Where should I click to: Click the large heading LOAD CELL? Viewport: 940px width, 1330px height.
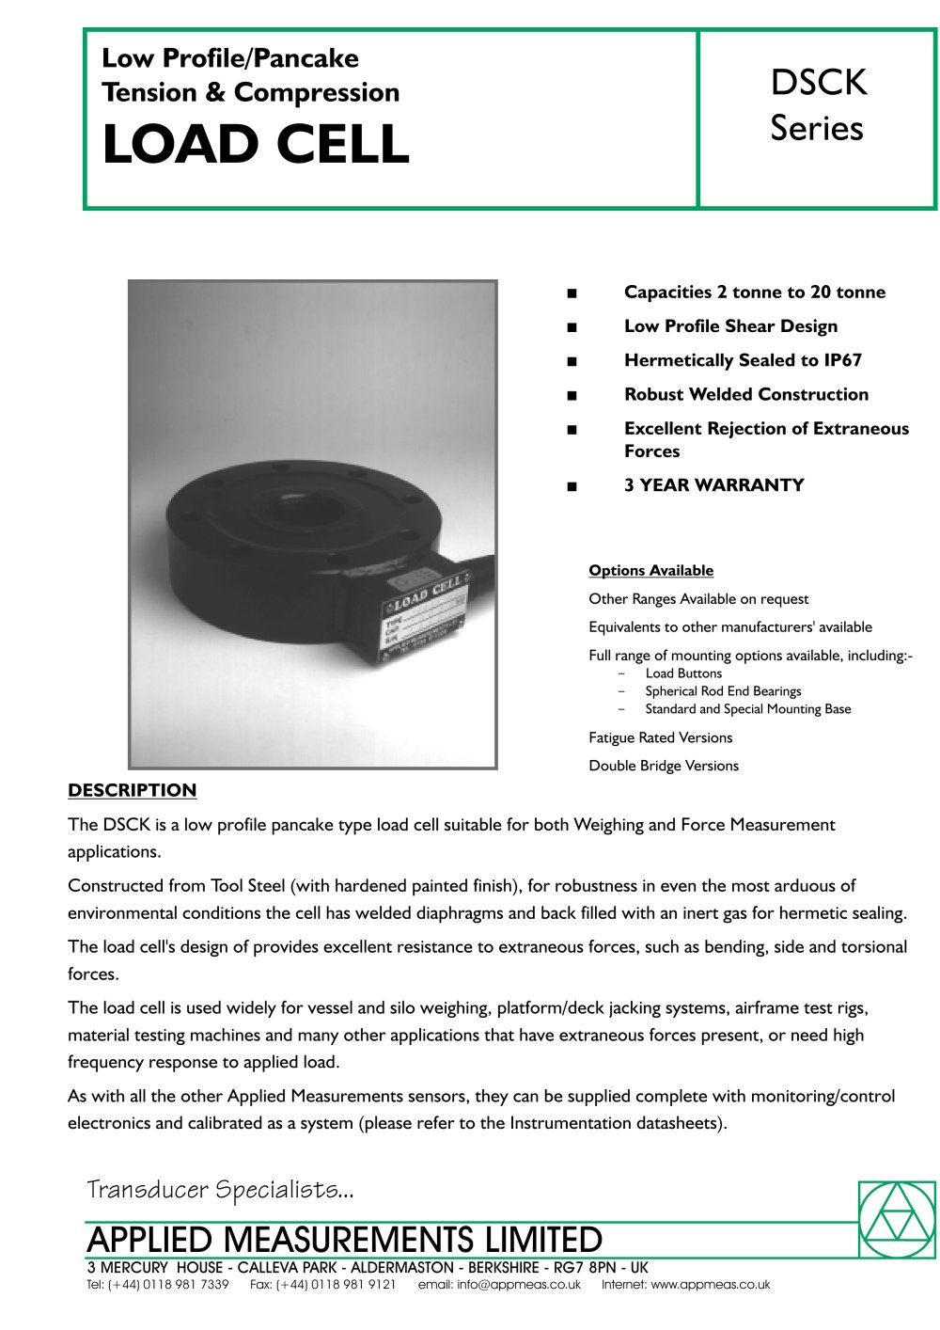tap(256, 145)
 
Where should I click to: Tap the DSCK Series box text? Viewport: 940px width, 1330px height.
tap(817, 105)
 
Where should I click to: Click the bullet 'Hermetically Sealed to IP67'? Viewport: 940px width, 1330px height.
tap(743, 360)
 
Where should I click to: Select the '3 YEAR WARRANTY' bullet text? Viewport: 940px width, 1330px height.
tap(713, 485)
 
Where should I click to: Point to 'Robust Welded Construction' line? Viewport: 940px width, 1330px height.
tap(745, 394)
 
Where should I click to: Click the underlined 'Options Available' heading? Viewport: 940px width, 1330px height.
tap(650, 571)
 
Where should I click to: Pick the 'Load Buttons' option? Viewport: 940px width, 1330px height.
tap(683, 673)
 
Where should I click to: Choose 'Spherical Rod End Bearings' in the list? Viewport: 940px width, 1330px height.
tap(723, 691)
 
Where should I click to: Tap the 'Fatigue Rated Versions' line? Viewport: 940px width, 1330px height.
tap(660, 737)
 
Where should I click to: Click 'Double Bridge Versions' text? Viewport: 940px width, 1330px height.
tap(664, 766)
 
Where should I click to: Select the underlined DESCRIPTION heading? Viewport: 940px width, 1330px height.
tap(132, 790)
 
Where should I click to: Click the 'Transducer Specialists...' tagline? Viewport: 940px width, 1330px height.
tap(220, 1190)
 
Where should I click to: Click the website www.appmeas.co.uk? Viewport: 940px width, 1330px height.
tap(710, 1285)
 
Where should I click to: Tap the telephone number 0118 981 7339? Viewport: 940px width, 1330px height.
tap(185, 1285)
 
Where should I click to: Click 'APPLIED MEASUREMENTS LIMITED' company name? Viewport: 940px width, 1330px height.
tap(344, 1240)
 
